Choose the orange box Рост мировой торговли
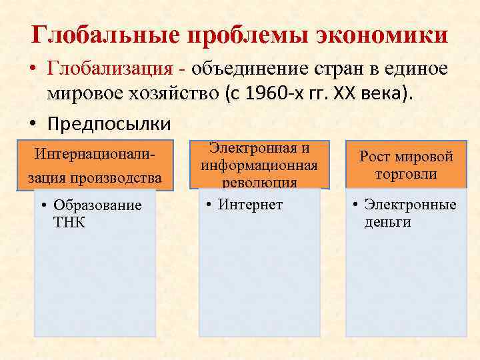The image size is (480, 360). click(x=406, y=165)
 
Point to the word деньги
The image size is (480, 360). click(x=387, y=221)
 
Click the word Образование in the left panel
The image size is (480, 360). click(x=97, y=205)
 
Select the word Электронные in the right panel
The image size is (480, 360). click(x=411, y=204)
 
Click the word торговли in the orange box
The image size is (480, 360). click(x=406, y=174)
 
